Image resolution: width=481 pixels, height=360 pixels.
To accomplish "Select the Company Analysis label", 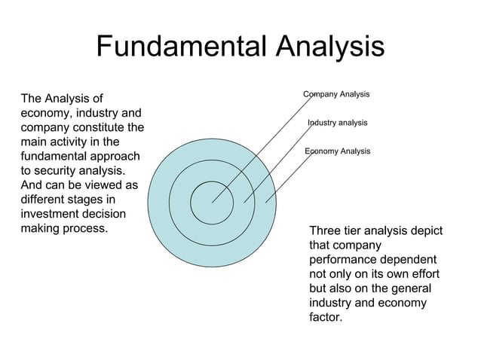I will coord(336,94).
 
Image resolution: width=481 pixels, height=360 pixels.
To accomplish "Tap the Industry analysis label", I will coord(337,122).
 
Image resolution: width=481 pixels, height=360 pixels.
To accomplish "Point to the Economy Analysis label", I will coord(337,151).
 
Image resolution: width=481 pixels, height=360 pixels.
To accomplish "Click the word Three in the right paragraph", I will coord(326,231).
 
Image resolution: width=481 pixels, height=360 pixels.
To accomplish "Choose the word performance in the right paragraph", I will coord(342,260).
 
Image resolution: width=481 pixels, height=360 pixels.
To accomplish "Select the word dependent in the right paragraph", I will coord(413,260).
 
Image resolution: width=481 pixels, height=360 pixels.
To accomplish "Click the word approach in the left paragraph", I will coord(115,157).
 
